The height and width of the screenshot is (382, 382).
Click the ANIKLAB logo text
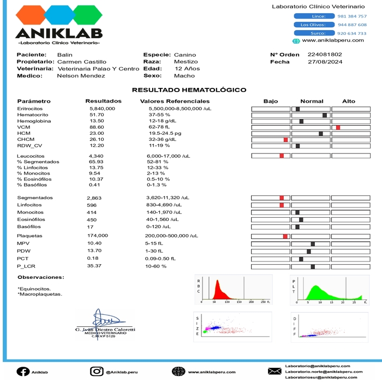tap(58, 33)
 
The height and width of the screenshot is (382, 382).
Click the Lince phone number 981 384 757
tap(352, 16)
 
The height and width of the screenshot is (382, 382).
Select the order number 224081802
tap(325, 55)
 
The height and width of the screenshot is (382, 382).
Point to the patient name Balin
tap(64, 55)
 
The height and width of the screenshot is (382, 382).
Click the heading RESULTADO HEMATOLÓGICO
tap(189, 90)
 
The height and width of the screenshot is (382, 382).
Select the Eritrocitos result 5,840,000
tap(102, 109)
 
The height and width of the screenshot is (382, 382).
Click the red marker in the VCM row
tap(338, 127)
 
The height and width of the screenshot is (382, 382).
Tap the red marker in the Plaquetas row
tap(285, 236)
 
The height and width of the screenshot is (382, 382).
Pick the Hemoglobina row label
tap(34, 121)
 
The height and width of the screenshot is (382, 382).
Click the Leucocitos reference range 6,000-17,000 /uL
tap(169, 156)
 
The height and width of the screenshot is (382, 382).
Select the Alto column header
tap(349, 102)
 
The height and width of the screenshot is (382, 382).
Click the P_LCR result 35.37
tap(95, 266)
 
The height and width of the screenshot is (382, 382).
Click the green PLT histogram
tap(322, 293)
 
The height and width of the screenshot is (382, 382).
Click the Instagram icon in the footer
tap(97, 372)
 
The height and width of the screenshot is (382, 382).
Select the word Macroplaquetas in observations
tap(40, 294)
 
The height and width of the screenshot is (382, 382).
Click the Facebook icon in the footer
tap(23, 372)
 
